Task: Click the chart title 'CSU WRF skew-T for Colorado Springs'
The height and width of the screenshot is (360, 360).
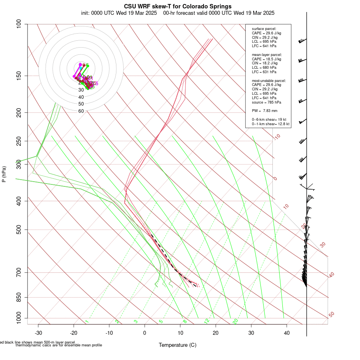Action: pyautogui.click(x=178, y=6)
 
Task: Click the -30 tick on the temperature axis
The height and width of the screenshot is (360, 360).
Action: pyautogui.click(x=38, y=333)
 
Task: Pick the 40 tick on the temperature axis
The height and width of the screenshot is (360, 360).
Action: pyautogui.click(x=287, y=333)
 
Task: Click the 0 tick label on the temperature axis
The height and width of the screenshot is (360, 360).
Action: pyautogui.click(x=145, y=333)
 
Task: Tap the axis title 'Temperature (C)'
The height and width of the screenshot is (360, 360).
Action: pyautogui.click(x=178, y=345)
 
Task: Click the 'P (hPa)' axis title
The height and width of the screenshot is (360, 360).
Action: pyautogui.click(x=4, y=174)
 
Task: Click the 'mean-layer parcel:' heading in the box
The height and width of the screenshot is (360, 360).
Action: pyautogui.click(x=267, y=54)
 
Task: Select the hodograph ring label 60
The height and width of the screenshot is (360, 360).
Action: pyautogui.click(x=81, y=111)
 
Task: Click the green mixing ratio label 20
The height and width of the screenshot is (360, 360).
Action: pyautogui.click(x=236, y=321)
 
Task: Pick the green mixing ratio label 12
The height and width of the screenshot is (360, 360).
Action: pyautogui.click(x=207, y=321)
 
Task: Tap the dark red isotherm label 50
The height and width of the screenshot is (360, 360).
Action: pyautogui.click(x=332, y=315)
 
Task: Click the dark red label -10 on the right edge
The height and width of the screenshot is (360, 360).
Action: pyautogui.click(x=277, y=137)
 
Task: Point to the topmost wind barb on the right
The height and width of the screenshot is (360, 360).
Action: pyautogui.click(x=302, y=41)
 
